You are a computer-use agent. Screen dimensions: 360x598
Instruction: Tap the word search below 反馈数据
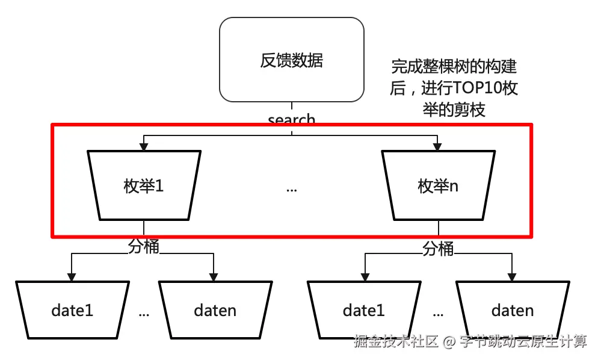click(291, 120)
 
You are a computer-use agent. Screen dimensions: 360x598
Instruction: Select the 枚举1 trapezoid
click(144, 185)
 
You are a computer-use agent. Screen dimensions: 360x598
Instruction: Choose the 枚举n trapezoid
click(438, 185)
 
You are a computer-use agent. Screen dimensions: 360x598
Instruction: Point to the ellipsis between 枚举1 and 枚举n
click(291, 189)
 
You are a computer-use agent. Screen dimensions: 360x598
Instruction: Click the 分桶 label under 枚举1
click(144, 247)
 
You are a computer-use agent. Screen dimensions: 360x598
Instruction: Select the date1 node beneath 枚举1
click(72, 310)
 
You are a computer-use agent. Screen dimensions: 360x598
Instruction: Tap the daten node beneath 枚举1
click(215, 310)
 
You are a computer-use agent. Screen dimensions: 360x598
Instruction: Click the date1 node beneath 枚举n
click(363, 310)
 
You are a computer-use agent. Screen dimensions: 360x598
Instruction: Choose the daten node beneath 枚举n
click(512, 310)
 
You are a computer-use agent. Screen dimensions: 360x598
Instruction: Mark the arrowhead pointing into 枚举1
click(144, 146)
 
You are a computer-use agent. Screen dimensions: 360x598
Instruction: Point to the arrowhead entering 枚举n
click(438, 146)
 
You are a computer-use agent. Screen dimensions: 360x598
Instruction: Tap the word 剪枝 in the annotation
click(470, 110)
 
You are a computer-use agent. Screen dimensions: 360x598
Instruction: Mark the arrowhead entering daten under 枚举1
click(214, 277)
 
